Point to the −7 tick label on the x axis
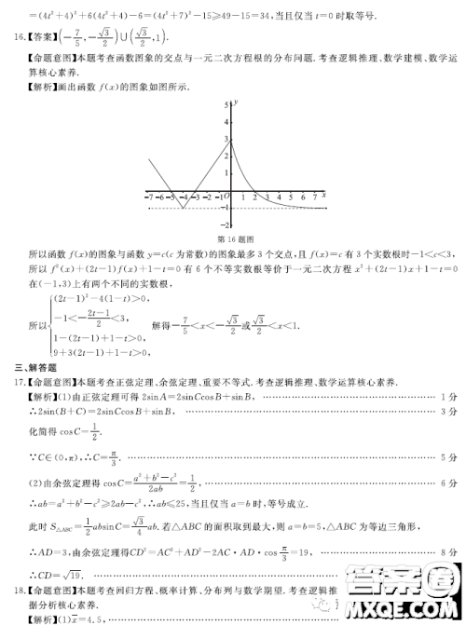148,197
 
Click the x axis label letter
324,194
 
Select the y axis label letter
238,100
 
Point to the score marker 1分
449,397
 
